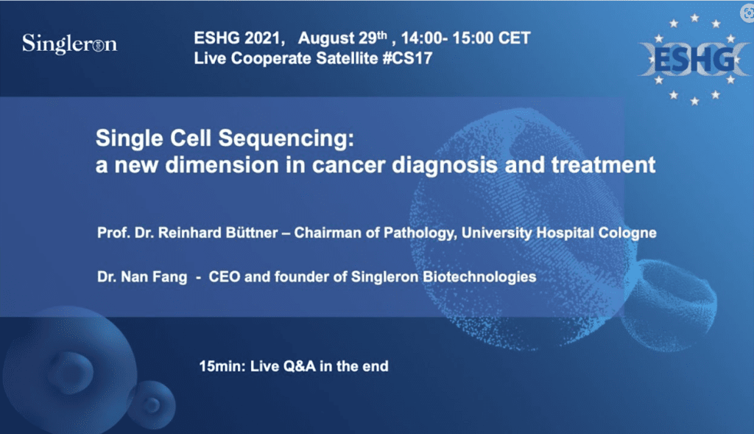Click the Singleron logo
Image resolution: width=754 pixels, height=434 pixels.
click(70, 43)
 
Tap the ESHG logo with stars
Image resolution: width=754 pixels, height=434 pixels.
click(694, 60)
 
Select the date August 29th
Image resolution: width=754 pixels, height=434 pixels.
click(342, 38)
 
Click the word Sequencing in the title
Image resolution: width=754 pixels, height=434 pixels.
click(286, 139)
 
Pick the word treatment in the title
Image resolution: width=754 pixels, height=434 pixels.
click(603, 165)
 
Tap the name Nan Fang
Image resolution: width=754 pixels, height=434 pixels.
click(154, 277)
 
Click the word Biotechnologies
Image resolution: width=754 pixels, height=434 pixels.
click(479, 277)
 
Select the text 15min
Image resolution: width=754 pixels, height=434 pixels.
click(222, 367)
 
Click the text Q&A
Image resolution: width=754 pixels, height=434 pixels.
click(300, 367)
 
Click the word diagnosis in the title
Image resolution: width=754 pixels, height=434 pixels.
click(445, 166)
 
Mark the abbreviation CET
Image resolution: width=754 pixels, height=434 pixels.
click(515, 38)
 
